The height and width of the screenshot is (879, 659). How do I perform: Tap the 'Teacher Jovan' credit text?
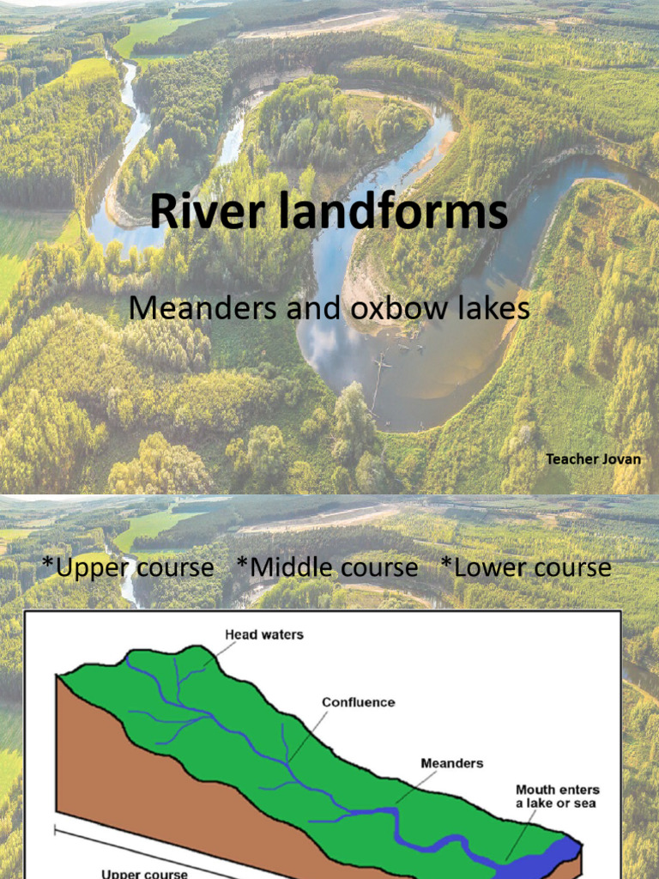[x=593, y=459]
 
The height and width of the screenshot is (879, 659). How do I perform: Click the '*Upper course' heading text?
[x=128, y=567]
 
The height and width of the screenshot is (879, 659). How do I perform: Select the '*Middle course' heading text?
[x=327, y=567]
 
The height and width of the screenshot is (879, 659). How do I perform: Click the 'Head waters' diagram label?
[x=264, y=635]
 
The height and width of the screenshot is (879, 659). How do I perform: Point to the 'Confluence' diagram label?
[x=358, y=702]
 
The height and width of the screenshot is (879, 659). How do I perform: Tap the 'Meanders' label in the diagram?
[x=451, y=762]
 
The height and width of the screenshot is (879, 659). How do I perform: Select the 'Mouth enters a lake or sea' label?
[x=557, y=796]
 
